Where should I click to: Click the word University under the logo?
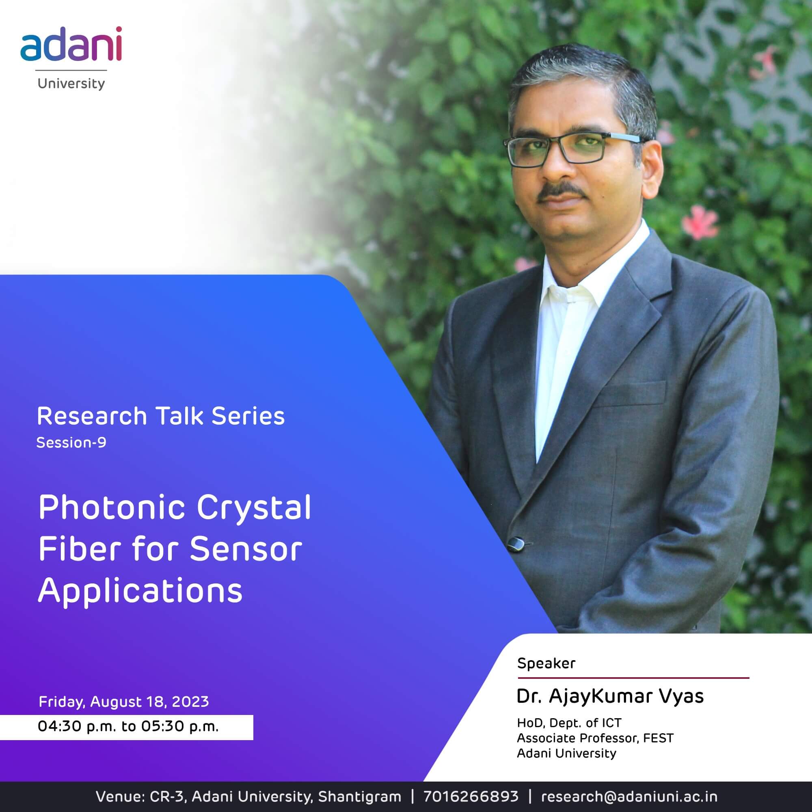point(71,84)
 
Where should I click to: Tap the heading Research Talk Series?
point(161,416)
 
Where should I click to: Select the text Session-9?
point(71,443)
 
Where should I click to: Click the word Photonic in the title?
point(112,508)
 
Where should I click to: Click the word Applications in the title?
point(140,591)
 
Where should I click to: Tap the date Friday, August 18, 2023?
point(123,702)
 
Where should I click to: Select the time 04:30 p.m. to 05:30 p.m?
point(128,726)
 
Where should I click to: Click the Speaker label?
point(546,663)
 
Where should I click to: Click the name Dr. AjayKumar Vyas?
point(610,696)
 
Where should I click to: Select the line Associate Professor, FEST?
point(595,738)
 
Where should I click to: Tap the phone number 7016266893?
point(471,796)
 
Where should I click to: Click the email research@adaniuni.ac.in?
point(629,796)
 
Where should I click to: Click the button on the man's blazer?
point(515,545)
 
